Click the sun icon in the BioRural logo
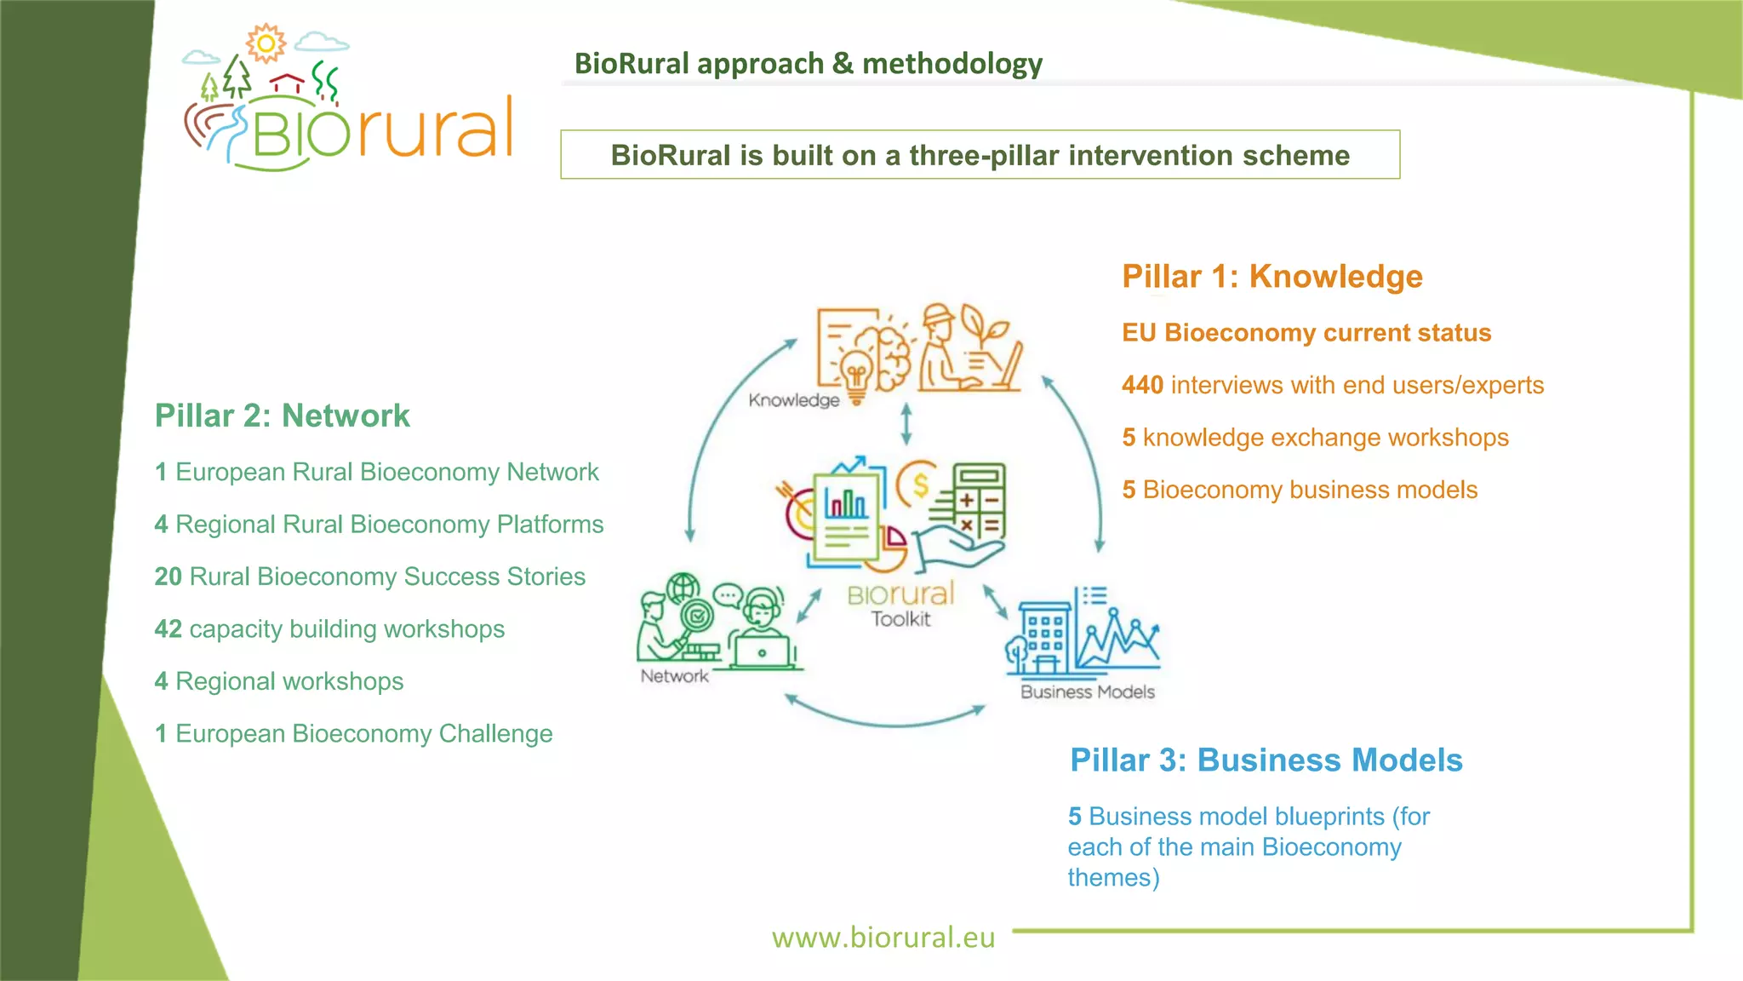click(266, 43)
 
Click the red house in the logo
click(287, 83)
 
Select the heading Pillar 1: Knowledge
click(1272, 277)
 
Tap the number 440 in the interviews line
click(1142, 385)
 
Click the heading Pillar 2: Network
click(282, 416)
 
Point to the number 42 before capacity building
click(169, 629)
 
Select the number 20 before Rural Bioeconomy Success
click(169, 577)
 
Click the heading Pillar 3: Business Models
click(1266, 760)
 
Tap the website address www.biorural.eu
click(883, 937)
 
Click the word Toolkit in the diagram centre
click(900, 619)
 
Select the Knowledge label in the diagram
click(793, 400)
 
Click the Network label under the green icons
click(674, 676)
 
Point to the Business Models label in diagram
click(1087, 692)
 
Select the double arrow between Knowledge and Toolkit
click(906, 424)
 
